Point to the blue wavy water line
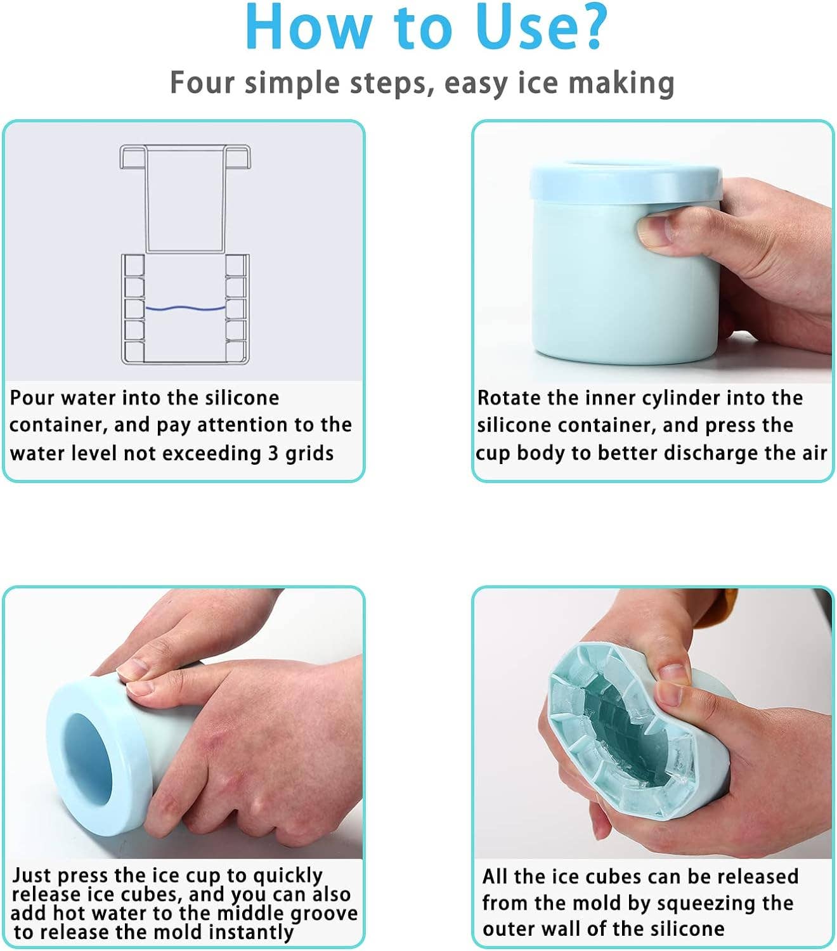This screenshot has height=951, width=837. click(185, 308)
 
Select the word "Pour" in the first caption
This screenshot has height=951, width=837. click(32, 398)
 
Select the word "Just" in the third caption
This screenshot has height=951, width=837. click(32, 876)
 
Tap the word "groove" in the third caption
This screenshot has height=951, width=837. click(324, 914)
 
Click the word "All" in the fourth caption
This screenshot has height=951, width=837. click(495, 876)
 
